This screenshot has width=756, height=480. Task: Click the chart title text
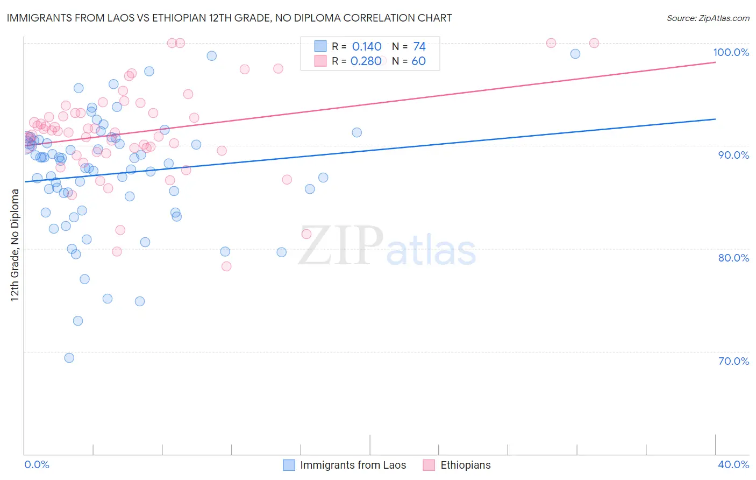click(x=230, y=18)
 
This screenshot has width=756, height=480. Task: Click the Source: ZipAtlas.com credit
click(x=708, y=18)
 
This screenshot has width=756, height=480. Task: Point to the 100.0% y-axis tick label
click(x=731, y=52)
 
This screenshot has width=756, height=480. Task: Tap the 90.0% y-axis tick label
click(x=733, y=155)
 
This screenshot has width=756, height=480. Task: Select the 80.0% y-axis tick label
click(x=733, y=258)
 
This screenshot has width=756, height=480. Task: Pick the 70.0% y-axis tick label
click(x=733, y=361)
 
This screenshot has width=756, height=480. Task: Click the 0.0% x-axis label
click(x=37, y=464)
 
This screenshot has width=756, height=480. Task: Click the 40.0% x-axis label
click(x=733, y=464)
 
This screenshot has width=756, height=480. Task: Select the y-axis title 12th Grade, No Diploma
click(x=15, y=245)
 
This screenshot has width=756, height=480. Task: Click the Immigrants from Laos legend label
click(x=353, y=465)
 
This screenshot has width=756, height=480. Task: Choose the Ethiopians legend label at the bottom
click(x=466, y=465)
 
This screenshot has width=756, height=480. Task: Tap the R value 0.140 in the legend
click(x=367, y=47)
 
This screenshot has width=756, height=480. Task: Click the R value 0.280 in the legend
click(x=366, y=61)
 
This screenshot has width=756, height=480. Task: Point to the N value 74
click(x=419, y=47)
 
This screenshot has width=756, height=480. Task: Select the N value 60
click(x=418, y=61)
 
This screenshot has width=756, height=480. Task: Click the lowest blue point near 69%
click(x=69, y=358)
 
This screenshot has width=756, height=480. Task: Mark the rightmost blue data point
click(x=575, y=54)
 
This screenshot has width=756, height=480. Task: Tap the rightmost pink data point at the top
click(x=594, y=43)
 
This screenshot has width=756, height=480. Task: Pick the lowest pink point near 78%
click(x=226, y=266)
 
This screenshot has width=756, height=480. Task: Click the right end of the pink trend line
click(x=715, y=62)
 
